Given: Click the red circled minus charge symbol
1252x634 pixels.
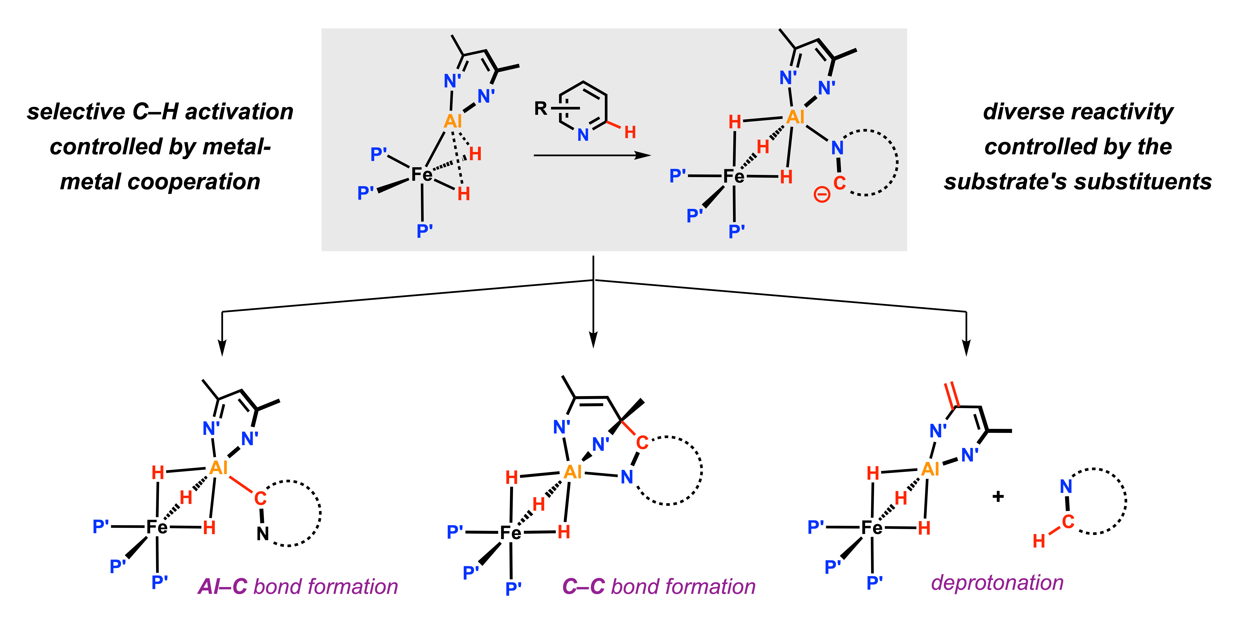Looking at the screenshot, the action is pyautogui.click(x=822, y=195).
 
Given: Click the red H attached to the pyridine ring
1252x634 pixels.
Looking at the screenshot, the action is pyautogui.click(x=630, y=132).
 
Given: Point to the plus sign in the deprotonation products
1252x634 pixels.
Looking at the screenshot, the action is pyautogui.click(x=998, y=496).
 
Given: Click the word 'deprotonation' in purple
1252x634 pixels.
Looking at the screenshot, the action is pyautogui.click(x=997, y=583).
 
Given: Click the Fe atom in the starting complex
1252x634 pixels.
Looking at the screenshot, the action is pyautogui.click(x=421, y=174).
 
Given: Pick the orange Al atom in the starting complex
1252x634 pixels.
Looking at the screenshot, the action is pyautogui.click(x=453, y=121).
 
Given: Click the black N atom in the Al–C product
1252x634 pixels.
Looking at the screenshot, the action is pyautogui.click(x=262, y=534).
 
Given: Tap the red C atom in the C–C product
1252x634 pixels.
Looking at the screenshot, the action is pyautogui.click(x=642, y=442).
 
